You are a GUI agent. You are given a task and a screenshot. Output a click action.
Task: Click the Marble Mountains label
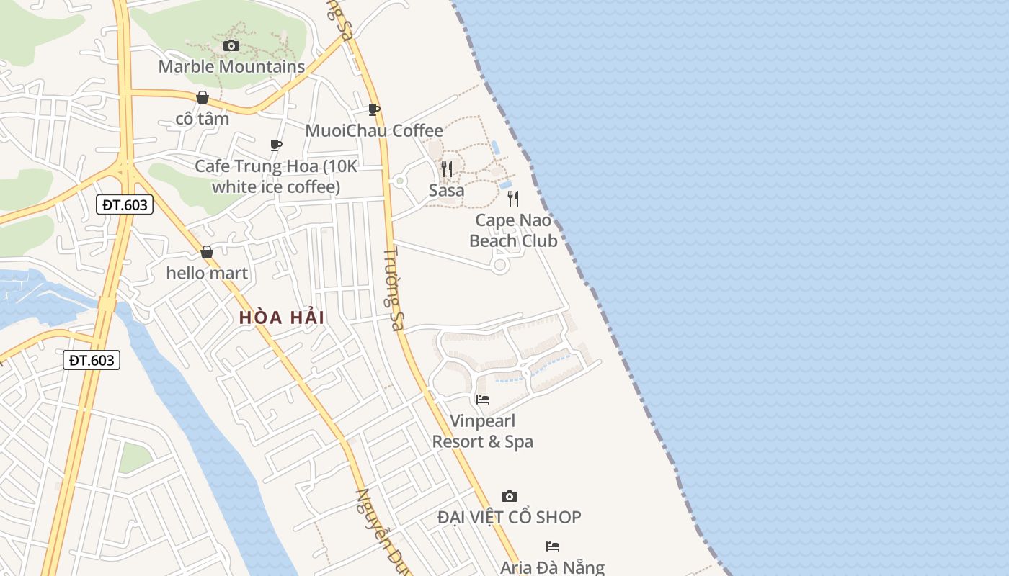[231, 67]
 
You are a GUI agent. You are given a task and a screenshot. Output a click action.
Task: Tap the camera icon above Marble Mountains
[231, 46]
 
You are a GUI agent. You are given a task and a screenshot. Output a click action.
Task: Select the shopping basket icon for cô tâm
[203, 97]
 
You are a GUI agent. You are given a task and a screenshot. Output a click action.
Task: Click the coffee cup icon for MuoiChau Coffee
[373, 109]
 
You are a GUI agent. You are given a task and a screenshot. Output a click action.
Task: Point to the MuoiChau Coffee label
[374, 130]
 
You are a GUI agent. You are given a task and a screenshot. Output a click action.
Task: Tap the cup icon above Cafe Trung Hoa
[275, 145]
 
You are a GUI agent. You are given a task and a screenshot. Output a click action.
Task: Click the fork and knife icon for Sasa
[447, 169]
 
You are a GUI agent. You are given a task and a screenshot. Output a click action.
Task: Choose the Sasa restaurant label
[447, 191]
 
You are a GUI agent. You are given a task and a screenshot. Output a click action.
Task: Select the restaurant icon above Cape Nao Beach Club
[513, 198]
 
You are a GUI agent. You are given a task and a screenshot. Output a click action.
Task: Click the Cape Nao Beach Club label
[513, 230]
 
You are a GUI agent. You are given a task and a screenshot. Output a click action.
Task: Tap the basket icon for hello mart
[207, 252]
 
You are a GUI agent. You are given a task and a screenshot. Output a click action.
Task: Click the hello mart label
[207, 273]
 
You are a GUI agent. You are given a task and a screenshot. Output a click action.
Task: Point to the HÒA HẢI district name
[282, 317]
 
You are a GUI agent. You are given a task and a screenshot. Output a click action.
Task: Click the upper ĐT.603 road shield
[125, 205]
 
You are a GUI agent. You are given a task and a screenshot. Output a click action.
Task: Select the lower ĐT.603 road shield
[92, 360]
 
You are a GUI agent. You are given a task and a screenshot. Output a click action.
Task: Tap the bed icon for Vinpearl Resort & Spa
[483, 399]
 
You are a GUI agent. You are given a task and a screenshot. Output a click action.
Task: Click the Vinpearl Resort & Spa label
[483, 431]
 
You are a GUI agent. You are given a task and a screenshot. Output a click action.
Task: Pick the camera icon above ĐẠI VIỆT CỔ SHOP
[510, 496]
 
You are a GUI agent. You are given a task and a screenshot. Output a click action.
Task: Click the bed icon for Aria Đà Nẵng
[553, 546]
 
